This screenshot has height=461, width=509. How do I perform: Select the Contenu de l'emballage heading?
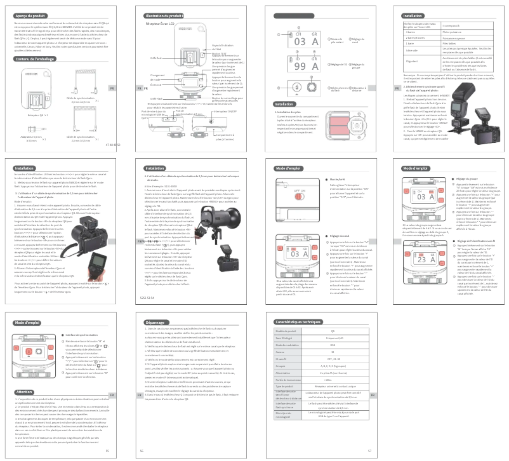click(34, 59)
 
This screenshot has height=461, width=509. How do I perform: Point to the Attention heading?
click(24, 392)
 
